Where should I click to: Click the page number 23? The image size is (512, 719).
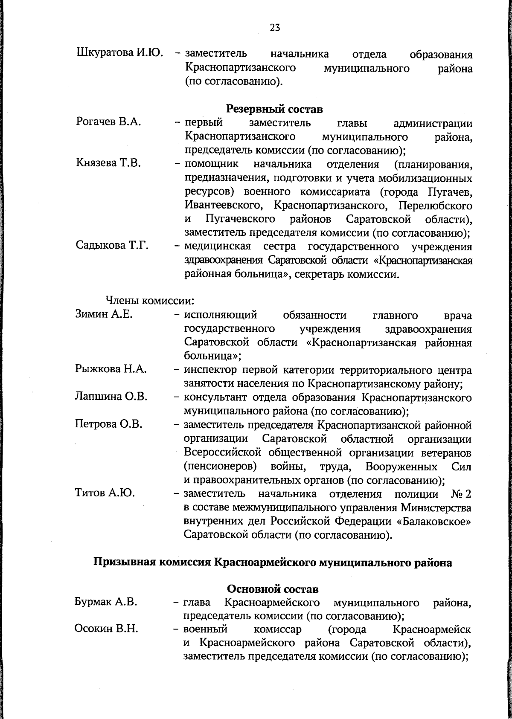click(x=275, y=28)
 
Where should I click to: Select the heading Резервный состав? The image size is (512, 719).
click(x=274, y=109)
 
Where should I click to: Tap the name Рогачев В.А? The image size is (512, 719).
click(x=108, y=122)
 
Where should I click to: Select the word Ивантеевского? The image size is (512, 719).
click(x=223, y=206)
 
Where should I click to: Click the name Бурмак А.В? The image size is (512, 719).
click(x=106, y=602)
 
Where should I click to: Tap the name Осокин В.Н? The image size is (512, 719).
click(x=106, y=629)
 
